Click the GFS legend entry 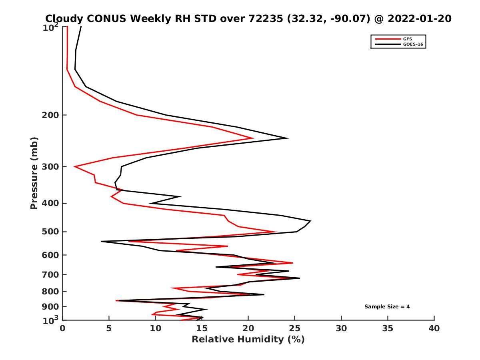coord(408,39)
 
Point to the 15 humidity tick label coord(202,329)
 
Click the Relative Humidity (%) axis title coord(248,340)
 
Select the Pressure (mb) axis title coord(34,173)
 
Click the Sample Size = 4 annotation coord(387,307)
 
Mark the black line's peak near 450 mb coord(310,221)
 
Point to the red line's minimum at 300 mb coord(75,166)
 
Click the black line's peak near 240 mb coord(288,138)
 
